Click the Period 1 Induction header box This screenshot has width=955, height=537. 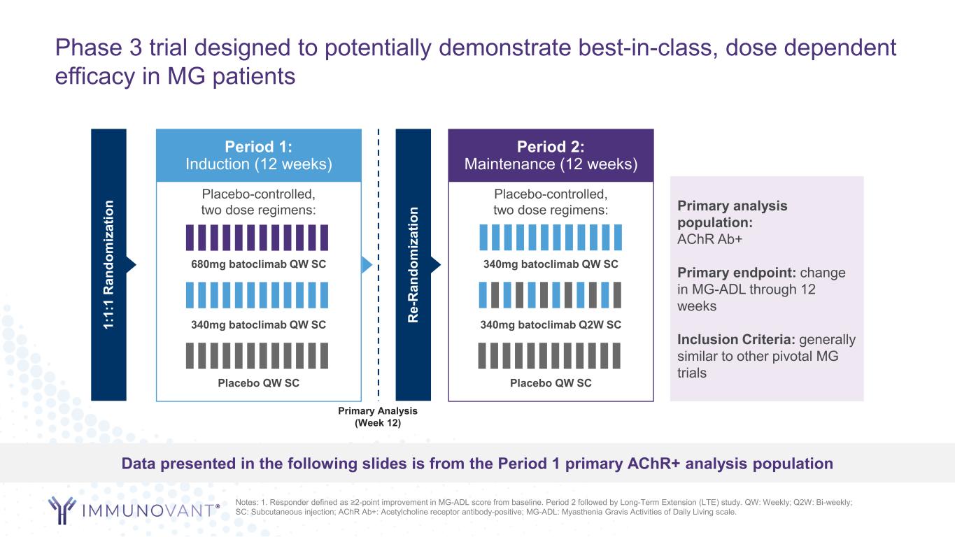coord(258,155)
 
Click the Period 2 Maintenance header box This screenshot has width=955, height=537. coord(551,155)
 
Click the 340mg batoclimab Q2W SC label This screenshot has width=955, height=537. coord(551,324)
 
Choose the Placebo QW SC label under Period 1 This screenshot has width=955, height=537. coord(258,382)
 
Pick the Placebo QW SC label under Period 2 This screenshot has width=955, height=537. coord(551,382)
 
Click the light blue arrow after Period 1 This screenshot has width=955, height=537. coord(367,264)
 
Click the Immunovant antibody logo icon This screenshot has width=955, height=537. coord(64,510)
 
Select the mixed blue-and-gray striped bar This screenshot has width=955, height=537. coord(550,295)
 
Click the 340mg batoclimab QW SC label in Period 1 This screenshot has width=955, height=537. coord(258,324)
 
